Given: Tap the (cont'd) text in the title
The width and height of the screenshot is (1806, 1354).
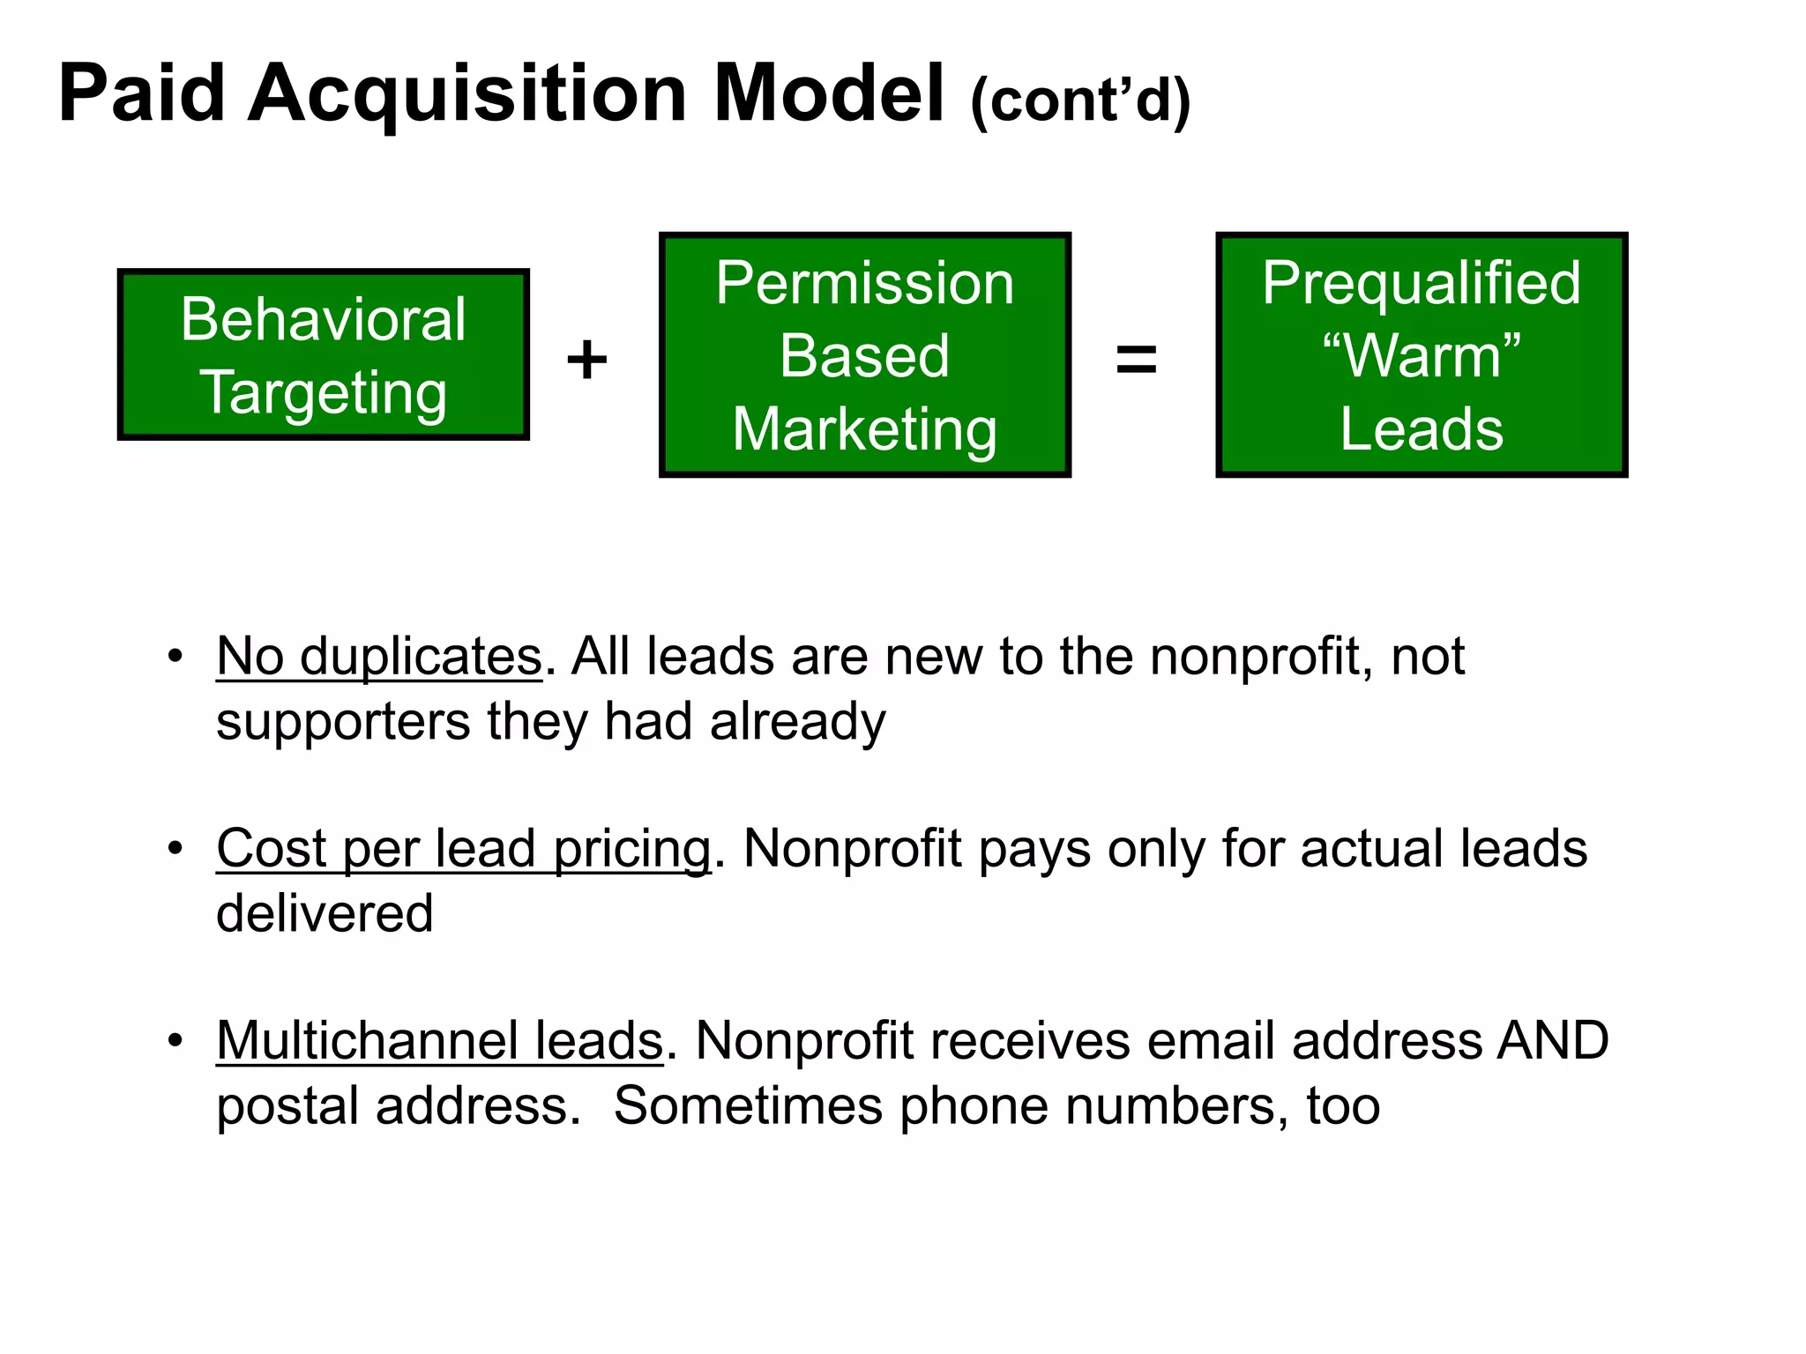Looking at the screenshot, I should click(1080, 100).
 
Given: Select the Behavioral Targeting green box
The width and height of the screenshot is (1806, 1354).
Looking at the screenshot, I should click(324, 354).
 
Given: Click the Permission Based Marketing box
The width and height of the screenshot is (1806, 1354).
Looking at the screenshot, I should click(865, 355).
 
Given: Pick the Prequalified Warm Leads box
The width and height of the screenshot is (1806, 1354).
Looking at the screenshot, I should click(1422, 355).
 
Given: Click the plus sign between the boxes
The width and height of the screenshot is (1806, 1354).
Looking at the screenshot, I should click(587, 360).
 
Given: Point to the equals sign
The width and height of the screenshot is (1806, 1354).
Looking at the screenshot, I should click(1136, 360).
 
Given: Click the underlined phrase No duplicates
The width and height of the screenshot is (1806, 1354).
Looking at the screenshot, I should click(379, 657).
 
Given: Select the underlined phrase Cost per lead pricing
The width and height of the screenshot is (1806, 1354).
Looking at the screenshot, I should click(464, 849).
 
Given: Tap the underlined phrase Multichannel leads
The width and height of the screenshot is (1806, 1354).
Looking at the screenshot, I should click(439, 1041).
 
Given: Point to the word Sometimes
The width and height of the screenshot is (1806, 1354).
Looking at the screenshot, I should click(748, 1105).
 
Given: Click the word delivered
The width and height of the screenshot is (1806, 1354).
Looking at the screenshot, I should click(325, 913).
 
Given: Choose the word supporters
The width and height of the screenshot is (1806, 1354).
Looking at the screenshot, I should click(343, 722).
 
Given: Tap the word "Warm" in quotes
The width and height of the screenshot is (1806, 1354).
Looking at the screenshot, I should click(1422, 356).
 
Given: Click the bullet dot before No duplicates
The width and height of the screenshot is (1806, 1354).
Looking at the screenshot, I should click(175, 657).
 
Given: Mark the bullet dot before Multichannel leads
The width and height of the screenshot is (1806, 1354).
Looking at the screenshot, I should click(175, 1041).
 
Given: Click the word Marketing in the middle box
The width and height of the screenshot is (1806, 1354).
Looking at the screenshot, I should click(865, 429).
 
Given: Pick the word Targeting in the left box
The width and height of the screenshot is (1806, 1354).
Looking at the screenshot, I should click(324, 392).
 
